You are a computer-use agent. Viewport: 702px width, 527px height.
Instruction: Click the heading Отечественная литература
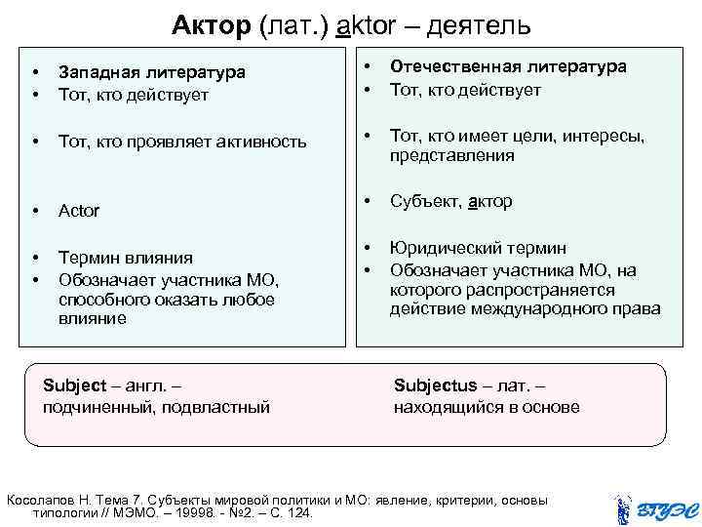pyautogui.click(x=508, y=66)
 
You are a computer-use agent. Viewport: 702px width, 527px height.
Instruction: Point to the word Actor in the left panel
pyautogui.click(x=79, y=211)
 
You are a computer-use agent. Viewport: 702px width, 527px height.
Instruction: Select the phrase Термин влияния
pyautogui.click(x=125, y=258)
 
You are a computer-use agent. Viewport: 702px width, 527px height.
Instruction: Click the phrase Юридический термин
pyautogui.click(x=478, y=249)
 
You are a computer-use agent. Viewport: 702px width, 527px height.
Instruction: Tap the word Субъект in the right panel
pyautogui.click(x=425, y=202)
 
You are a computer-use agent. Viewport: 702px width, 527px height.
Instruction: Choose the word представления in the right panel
pyautogui.click(x=451, y=155)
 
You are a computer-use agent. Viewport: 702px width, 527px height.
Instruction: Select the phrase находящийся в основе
pyautogui.click(x=487, y=407)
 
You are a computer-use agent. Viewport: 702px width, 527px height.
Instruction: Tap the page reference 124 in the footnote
pyautogui.click(x=301, y=512)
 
